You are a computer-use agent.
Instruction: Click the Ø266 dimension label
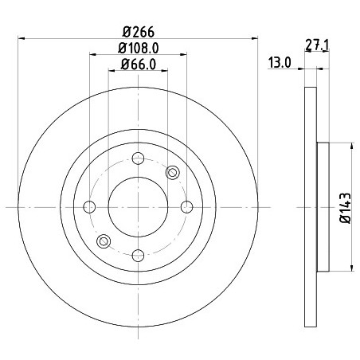point(138,32)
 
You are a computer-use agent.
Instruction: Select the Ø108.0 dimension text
point(139,49)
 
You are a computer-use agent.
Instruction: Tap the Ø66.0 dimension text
point(139,65)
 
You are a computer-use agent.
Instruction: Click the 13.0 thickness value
point(280,63)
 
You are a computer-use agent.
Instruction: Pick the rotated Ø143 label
point(346,208)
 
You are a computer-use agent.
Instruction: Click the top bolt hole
point(138,158)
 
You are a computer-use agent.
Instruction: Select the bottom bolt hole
point(138,256)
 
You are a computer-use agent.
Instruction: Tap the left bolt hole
point(89,207)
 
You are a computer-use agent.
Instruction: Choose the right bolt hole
point(186,207)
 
